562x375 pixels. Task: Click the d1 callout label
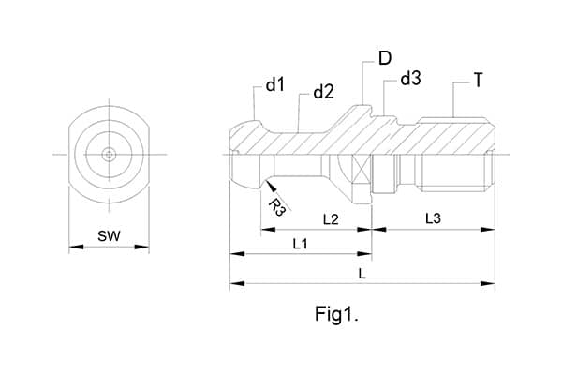(x=274, y=85)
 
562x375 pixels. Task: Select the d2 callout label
(x=323, y=92)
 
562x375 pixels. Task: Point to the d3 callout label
(x=410, y=79)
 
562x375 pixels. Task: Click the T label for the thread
(x=478, y=82)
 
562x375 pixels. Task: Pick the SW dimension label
(x=109, y=235)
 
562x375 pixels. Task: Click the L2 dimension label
(x=331, y=219)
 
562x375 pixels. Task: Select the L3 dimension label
(x=433, y=219)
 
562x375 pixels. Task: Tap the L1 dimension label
(x=301, y=245)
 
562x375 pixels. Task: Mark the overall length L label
(x=362, y=273)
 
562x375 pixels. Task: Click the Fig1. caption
(x=337, y=314)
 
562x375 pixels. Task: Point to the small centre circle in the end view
(x=110, y=153)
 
